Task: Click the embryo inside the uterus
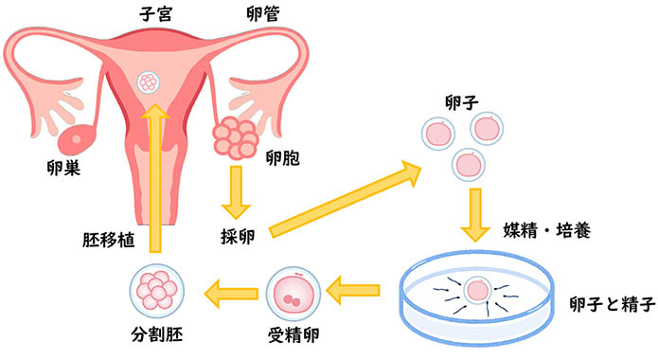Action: tap(149, 82)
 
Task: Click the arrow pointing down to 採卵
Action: tap(234, 193)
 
